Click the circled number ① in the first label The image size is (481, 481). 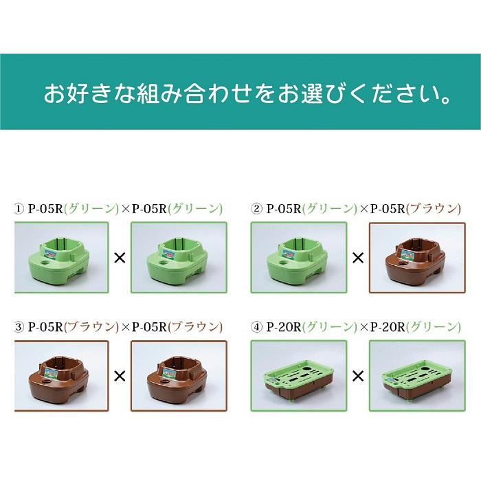tap(19, 209)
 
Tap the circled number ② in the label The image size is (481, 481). tap(257, 209)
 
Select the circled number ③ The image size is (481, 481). tap(19, 327)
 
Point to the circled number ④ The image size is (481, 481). tap(257, 327)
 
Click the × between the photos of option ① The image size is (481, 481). tap(120, 258)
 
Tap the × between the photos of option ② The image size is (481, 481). tap(357, 258)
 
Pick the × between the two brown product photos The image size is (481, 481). tap(120, 376)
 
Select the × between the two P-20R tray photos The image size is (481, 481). tap(357, 376)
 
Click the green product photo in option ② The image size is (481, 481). tap(298, 258)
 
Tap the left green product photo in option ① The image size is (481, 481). tap(61, 258)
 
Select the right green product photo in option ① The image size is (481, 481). tap(178, 258)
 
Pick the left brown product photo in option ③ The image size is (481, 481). tap(61, 375)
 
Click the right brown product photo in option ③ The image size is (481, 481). tap(178, 375)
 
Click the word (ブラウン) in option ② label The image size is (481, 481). tap(433, 209)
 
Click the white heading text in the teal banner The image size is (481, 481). tap(247, 93)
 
